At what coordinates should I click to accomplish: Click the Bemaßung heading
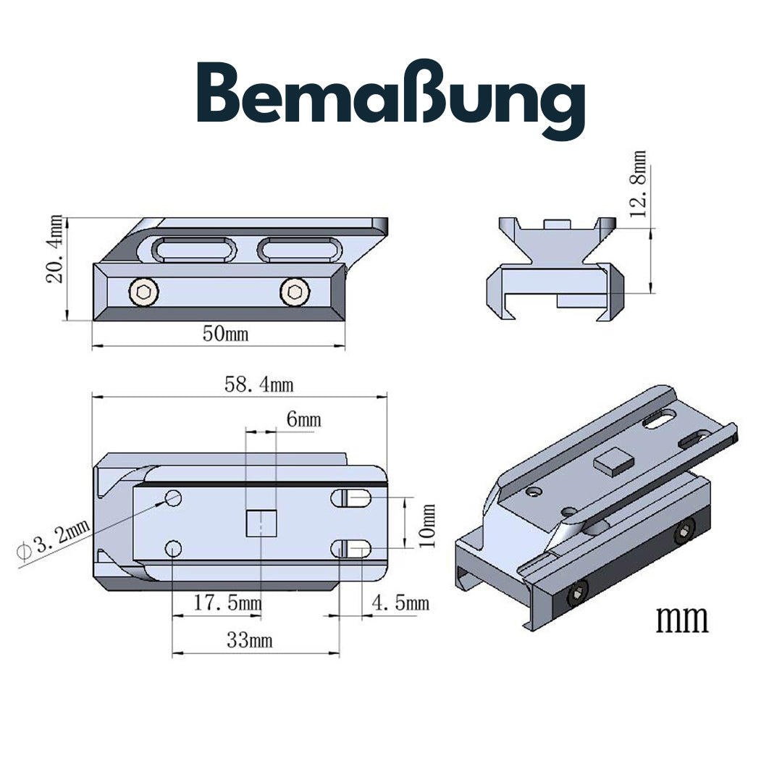point(391,101)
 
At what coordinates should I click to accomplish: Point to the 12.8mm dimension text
point(637,185)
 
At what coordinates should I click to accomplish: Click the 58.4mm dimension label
point(258,384)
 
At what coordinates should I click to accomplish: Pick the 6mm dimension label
point(303,419)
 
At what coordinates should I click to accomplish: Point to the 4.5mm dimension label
point(400,603)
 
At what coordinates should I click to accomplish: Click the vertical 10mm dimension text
point(428,525)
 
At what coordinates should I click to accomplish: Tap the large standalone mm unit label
point(681,620)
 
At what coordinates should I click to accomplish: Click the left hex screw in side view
point(143,293)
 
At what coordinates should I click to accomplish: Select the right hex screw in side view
point(293,293)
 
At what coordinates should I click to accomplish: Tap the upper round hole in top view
point(173,498)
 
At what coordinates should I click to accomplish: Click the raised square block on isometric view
point(613,462)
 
